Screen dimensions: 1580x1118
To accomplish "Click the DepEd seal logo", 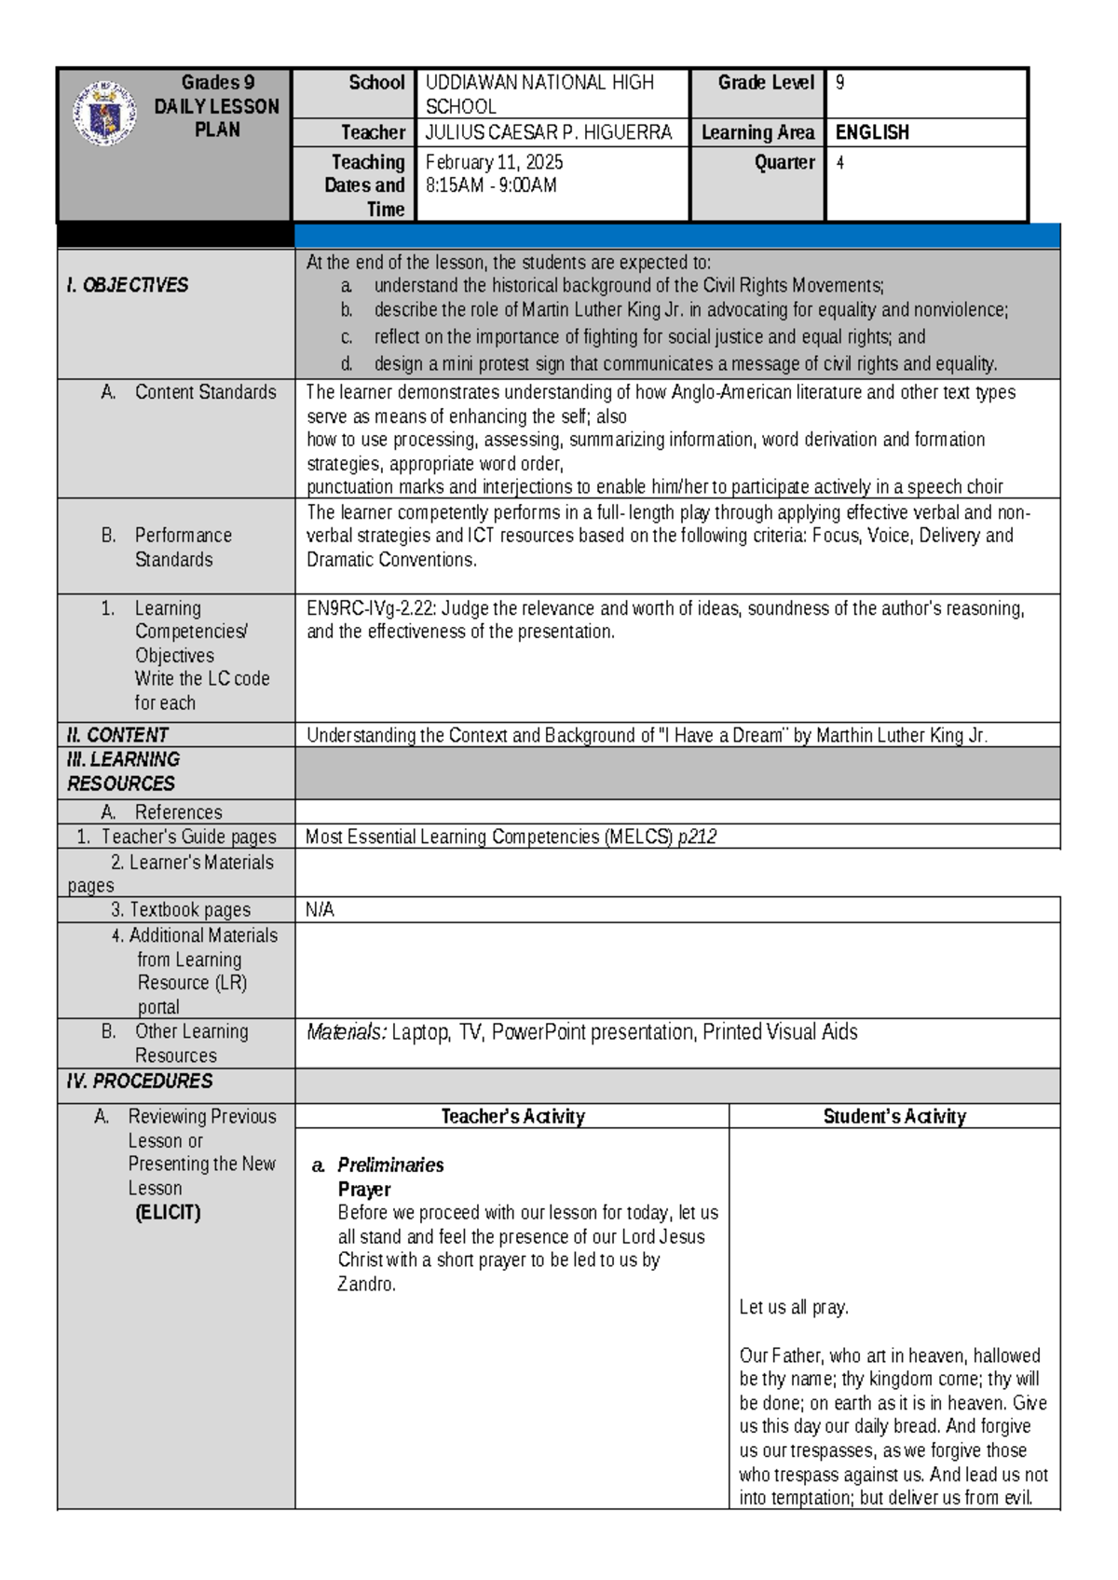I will (x=104, y=114).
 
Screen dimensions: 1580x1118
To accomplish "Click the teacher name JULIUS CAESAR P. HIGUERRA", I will (x=548, y=132).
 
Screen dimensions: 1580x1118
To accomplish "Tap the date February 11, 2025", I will (x=494, y=162).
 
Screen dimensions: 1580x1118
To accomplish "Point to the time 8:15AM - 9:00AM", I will (x=490, y=185).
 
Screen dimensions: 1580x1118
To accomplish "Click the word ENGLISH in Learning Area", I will (x=872, y=132).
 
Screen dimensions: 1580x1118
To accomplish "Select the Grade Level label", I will (x=766, y=83).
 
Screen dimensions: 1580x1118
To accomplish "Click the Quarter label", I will (x=784, y=162).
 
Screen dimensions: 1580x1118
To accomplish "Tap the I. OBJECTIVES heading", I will (x=127, y=285).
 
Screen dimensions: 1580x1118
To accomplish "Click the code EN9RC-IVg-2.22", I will (x=370, y=608).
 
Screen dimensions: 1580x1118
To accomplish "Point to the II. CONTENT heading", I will (x=117, y=735).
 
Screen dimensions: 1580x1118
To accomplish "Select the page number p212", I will (x=697, y=837).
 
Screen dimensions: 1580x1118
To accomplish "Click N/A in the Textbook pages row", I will (x=320, y=909).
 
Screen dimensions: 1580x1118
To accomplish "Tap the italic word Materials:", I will (x=346, y=1032).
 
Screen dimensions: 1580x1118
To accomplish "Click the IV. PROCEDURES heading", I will (x=139, y=1081).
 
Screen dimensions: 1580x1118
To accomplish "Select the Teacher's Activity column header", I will (x=512, y=1116).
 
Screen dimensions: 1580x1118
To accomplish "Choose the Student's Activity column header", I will (x=894, y=1116).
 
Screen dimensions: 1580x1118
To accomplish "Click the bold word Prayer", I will (x=363, y=1190).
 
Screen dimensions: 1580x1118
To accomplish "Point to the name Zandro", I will (x=365, y=1285).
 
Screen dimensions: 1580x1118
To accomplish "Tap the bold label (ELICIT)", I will (x=168, y=1213).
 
